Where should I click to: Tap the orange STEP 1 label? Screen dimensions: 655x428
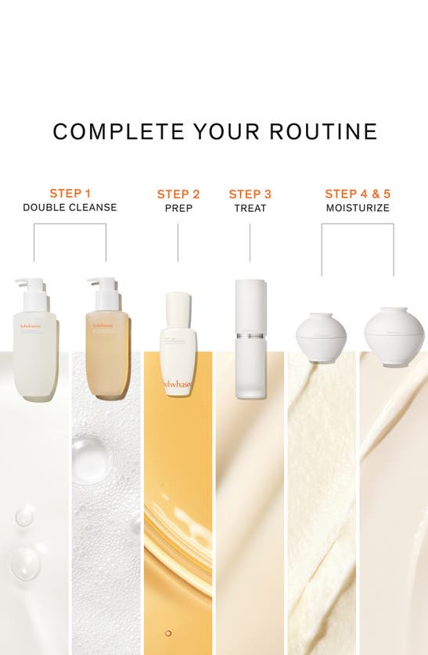(70, 193)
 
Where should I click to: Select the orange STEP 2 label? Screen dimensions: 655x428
(178, 194)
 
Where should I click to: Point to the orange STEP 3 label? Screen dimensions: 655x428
(250, 194)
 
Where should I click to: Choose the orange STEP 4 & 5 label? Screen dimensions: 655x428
(358, 193)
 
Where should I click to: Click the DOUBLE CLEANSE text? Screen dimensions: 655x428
(70, 208)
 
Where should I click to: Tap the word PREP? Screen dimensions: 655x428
(178, 209)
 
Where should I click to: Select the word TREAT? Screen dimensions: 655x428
(250, 209)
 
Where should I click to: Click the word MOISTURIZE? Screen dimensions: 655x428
(358, 209)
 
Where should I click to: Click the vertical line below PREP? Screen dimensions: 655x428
(178, 242)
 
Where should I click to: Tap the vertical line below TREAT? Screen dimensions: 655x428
(250, 242)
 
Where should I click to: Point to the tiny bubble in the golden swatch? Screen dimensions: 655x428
(167, 632)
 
